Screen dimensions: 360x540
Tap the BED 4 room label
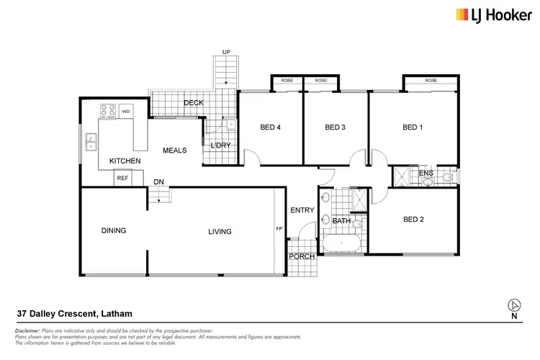pyautogui.click(x=269, y=127)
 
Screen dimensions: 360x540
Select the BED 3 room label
pyautogui.click(x=336, y=127)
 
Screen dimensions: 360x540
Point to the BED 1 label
pyautogui.click(x=412, y=127)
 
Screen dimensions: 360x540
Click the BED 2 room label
pyautogui.click(x=413, y=220)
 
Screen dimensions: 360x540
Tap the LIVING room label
pyautogui.click(x=220, y=231)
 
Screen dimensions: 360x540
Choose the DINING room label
pyautogui.click(x=114, y=231)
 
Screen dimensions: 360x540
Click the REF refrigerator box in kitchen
pyautogui.click(x=122, y=178)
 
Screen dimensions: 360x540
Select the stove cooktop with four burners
pyautogui.click(x=107, y=111)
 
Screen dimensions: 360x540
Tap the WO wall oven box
pyautogui.click(x=125, y=111)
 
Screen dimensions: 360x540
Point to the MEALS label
pyautogui.click(x=175, y=150)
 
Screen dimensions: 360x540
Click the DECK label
pyautogui.click(x=193, y=103)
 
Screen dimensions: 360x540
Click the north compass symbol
pyautogui.click(x=513, y=305)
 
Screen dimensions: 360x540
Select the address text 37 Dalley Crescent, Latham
pyautogui.click(x=74, y=313)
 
